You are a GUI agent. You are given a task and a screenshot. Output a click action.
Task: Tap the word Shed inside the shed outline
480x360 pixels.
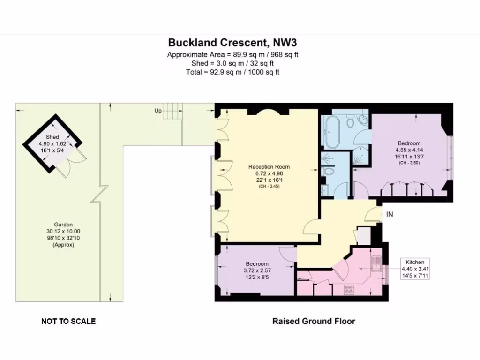click(x=52, y=137)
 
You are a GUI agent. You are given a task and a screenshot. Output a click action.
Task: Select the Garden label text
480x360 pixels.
click(x=63, y=225)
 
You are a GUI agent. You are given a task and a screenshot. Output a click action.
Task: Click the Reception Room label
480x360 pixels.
click(x=269, y=167)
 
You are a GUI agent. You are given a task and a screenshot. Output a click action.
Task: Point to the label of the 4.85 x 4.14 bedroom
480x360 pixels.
click(x=409, y=143)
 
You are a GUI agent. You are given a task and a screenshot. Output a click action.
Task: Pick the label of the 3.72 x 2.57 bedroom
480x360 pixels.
click(x=256, y=264)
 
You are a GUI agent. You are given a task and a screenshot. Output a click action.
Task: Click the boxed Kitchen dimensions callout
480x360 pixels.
click(x=415, y=269)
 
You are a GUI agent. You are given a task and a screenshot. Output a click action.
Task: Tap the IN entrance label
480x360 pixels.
click(x=389, y=214)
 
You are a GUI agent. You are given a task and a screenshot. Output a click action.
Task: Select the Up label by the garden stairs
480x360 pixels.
click(x=158, y=111)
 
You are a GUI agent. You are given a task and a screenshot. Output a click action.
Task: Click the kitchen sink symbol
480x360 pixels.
click(x=376, y=265)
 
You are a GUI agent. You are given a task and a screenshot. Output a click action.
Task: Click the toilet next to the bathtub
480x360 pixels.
click(x=350, y=122)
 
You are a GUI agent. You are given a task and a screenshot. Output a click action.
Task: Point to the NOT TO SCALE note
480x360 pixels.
click(x=68, y=321)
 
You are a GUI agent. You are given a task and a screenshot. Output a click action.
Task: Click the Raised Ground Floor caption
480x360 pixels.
click(x=314, y=321)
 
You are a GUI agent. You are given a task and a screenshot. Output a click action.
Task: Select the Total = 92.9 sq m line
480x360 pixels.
click(x=232, y=72)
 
